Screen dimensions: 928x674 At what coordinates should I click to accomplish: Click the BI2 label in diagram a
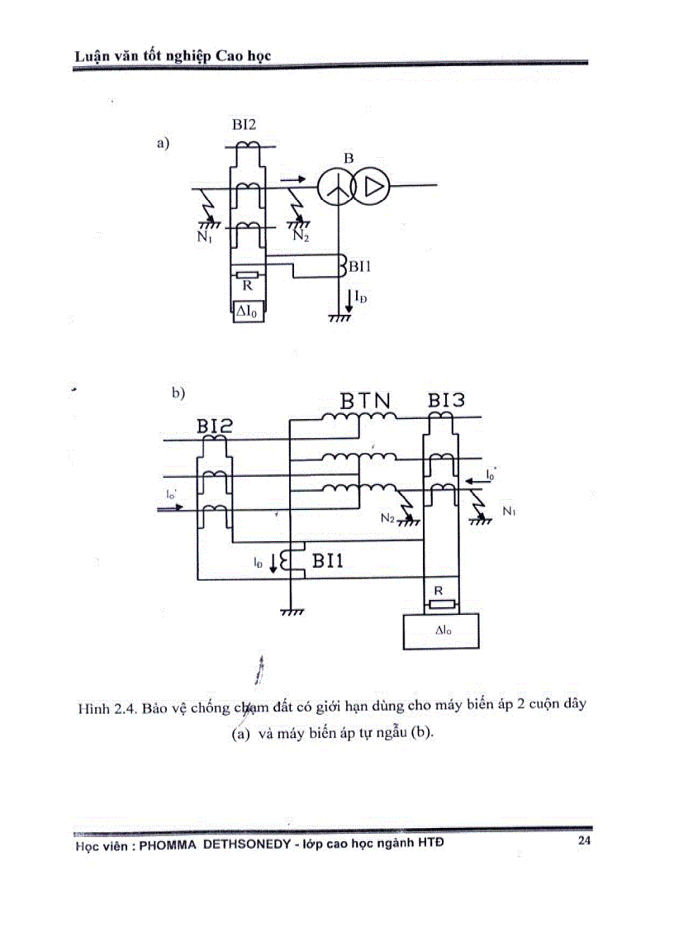[x=244, y=125]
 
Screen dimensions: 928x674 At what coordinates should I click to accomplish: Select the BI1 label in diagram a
[x=360, y=266]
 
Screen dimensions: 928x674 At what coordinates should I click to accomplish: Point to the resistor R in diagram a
[x=248, y=275]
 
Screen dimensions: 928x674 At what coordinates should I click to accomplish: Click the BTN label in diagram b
[x=366, y=401]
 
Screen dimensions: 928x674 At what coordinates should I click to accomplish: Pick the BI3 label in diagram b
[x=446, y=401]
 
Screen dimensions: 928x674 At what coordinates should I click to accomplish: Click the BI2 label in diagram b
[x=215, y=426]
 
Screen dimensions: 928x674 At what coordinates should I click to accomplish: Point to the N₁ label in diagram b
[x=508, y=512]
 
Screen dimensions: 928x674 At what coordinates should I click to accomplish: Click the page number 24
[x=584, y=840]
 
